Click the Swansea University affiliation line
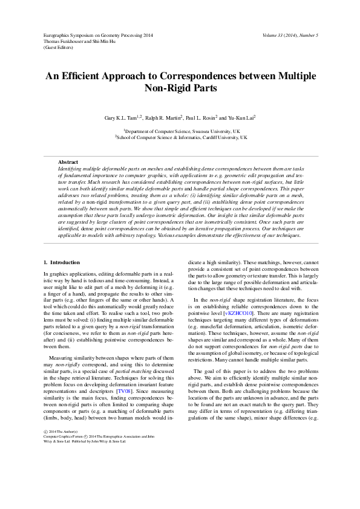pyautogui.click(x=182, y=131)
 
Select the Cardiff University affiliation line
pyautogui.click(x=182, y=137)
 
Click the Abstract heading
pyautogui.click(x=68, y=162)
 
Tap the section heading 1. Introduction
pyautogui.click(x=62, y=262)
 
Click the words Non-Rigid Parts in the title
pyautogui.click(x=180, y=88)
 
